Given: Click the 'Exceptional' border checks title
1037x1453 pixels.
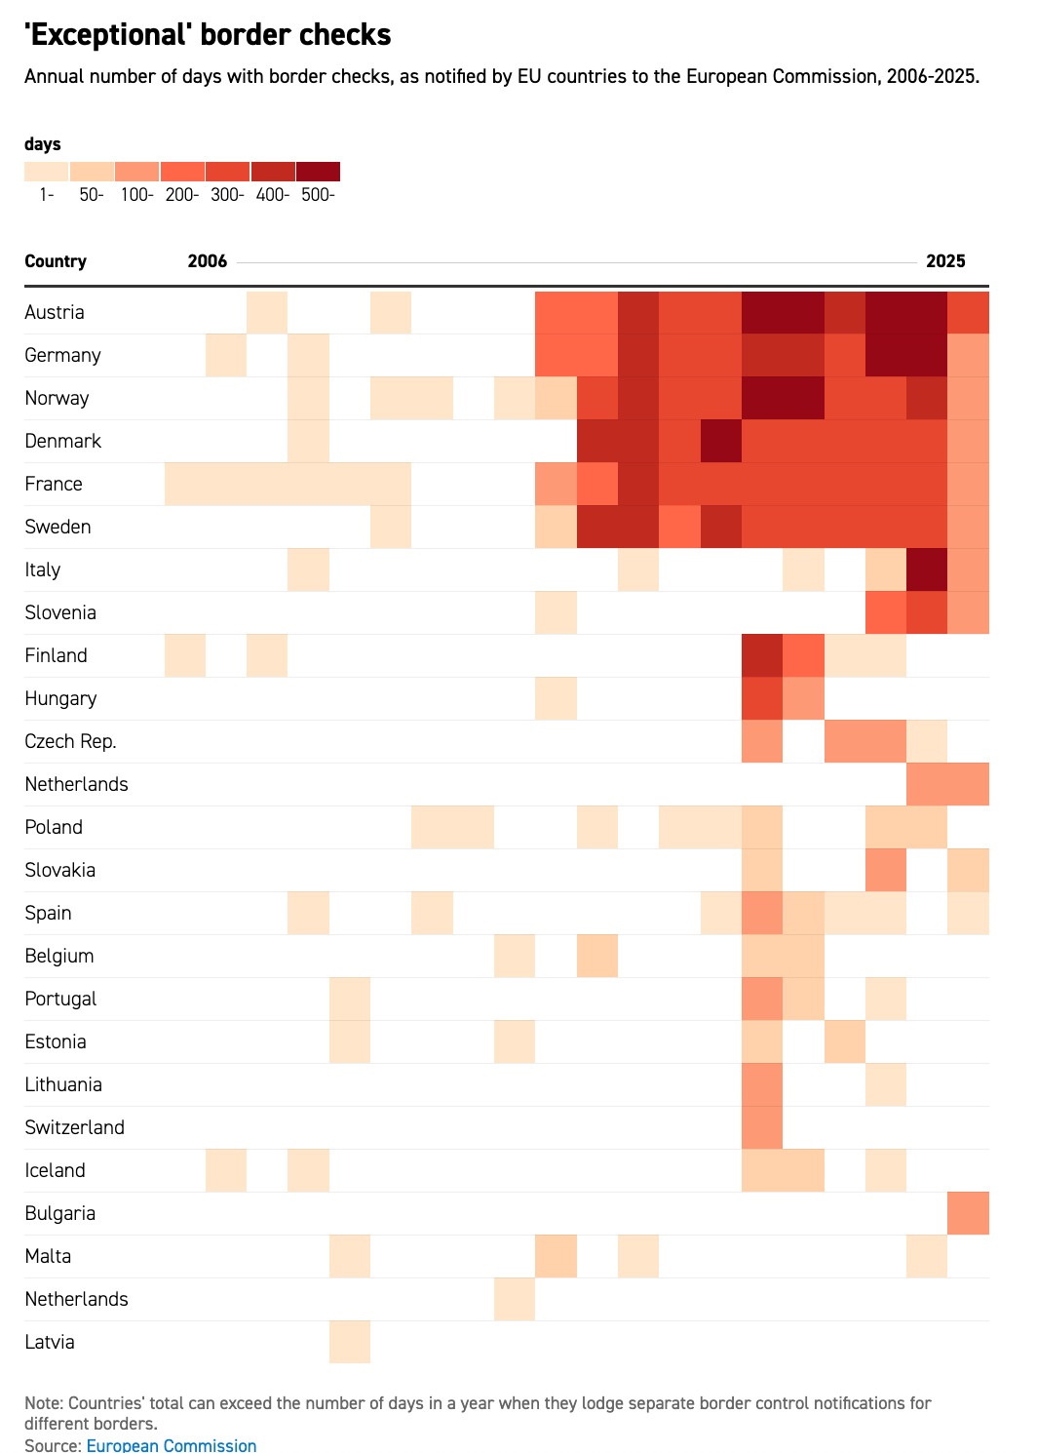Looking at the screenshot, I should pos(208,35).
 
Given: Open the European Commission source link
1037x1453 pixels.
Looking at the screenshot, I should pos(172,1445).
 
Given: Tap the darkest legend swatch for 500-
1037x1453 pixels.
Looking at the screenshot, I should pos(318,172).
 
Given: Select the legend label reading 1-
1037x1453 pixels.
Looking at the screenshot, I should pos(47,195).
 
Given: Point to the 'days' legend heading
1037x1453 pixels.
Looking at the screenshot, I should pos(43,144).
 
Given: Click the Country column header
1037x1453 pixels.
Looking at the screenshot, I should pos(56,261).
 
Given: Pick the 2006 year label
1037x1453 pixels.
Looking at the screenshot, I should pos(207,261).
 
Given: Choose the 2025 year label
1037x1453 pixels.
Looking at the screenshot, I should pos(945,261).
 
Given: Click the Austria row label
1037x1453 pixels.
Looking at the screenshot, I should pos(55,312).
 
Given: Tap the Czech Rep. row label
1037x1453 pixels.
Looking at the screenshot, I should pos(70,741).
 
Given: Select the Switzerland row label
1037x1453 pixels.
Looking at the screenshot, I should pos(75,1127).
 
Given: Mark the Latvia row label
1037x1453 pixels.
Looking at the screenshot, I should pos(50,1342).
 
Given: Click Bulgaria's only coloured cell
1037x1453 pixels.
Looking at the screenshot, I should pos(968,1213).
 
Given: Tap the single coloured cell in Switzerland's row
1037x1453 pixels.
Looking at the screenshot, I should pos(762,1127).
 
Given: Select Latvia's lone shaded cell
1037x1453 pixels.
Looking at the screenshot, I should pos(350,1342).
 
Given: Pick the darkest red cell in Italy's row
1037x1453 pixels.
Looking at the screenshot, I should pos(927,569).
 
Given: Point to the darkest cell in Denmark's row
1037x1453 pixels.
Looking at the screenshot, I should pos(721,441).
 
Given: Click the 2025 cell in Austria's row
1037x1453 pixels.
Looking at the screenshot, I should pos(968,312).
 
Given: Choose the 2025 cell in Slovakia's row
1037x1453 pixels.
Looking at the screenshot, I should pos(968,870).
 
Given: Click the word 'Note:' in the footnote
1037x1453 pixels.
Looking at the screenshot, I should pos(44,1403).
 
